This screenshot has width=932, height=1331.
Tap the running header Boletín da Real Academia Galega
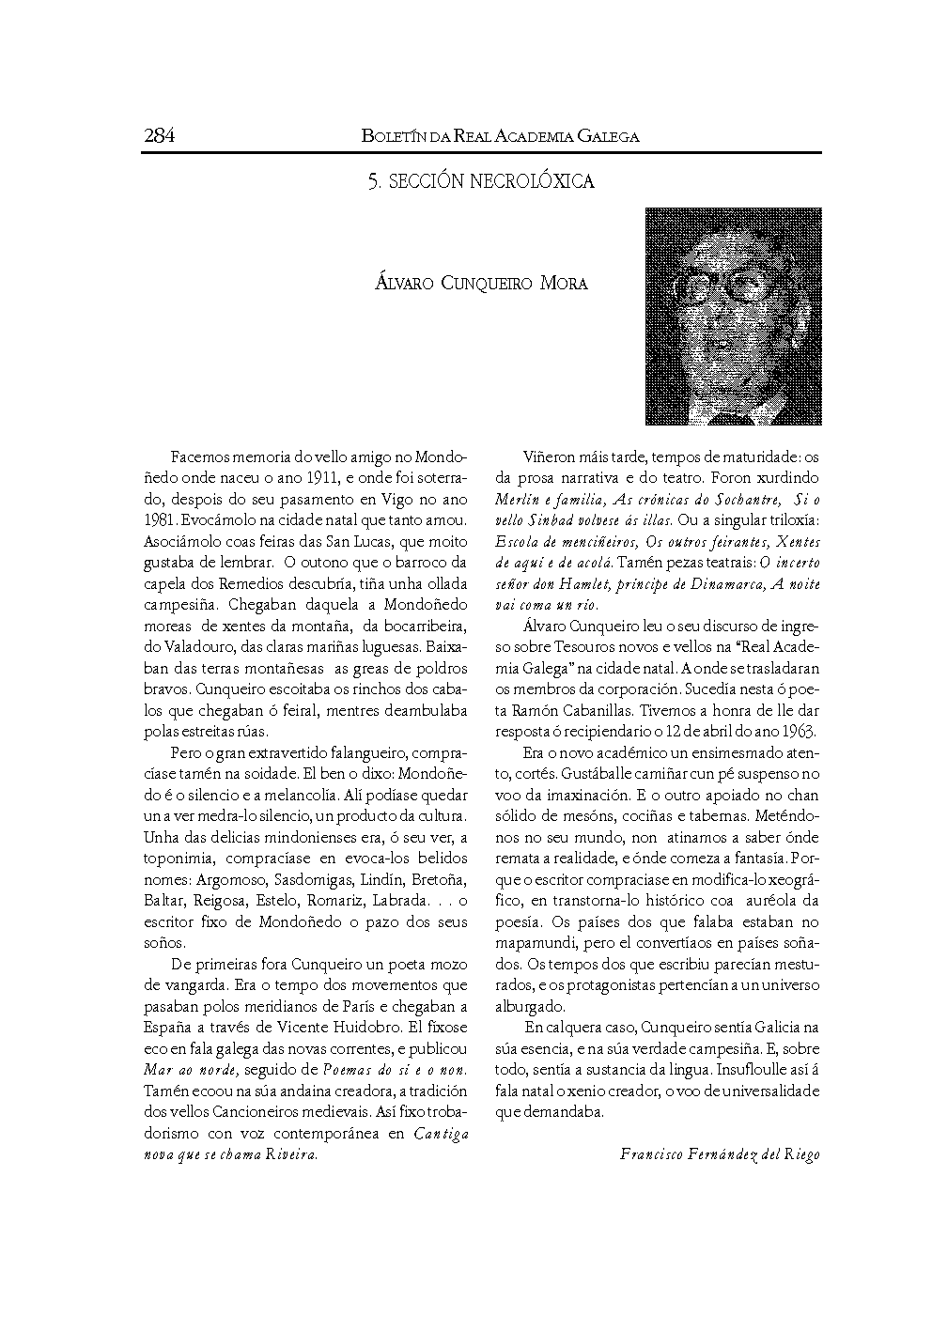500,136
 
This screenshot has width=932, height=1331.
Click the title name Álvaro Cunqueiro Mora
481,284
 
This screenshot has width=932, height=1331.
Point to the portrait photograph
733,316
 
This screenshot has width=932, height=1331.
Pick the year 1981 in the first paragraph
159,519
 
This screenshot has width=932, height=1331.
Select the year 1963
798,731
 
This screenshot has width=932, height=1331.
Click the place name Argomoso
232,879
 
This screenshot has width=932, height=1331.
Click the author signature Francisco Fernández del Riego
720,1154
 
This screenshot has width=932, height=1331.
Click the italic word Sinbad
563,519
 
